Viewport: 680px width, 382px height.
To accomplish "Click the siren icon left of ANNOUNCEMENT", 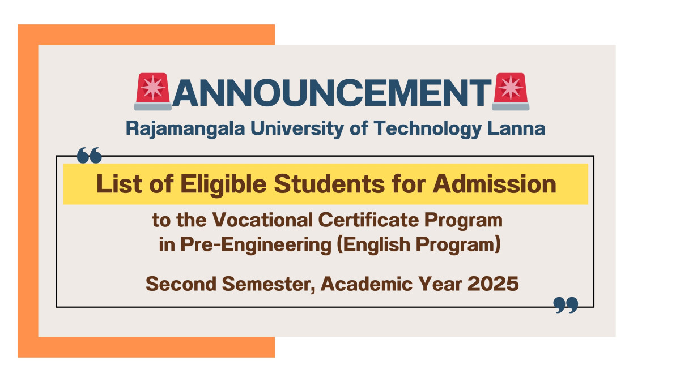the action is pos(152,91).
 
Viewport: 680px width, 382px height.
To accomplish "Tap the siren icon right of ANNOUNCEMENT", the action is pos(511,91).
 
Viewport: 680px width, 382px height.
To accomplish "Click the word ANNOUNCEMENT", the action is pos(331,93).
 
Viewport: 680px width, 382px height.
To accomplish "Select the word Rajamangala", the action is pos(185,129).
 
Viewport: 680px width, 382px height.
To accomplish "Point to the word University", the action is pos(297,129).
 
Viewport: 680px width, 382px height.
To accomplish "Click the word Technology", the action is pos(428,129).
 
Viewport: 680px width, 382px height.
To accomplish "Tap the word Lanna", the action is pos(516,128).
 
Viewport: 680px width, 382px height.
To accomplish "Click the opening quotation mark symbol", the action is pos(90,155).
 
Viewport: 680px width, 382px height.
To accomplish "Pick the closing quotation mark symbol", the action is pos(566,305).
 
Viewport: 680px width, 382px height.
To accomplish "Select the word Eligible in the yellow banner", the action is pos(223,185).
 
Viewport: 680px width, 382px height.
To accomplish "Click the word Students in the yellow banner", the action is pos(329,184).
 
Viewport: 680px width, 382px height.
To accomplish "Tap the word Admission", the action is pos(495,184).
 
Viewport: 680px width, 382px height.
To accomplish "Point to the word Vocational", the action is pos(262,220).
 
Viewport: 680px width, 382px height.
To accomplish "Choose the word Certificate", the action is pos(368,220).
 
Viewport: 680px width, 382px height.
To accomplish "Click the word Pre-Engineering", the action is pos(256,245).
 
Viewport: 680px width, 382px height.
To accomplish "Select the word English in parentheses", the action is pos(373,244).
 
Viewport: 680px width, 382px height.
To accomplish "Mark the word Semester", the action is pos(269,284).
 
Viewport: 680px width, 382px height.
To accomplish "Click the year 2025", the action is pos(493,284).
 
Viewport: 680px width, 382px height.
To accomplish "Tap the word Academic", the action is pos(367,284).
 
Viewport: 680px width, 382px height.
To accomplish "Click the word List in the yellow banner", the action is pos(120,184).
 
